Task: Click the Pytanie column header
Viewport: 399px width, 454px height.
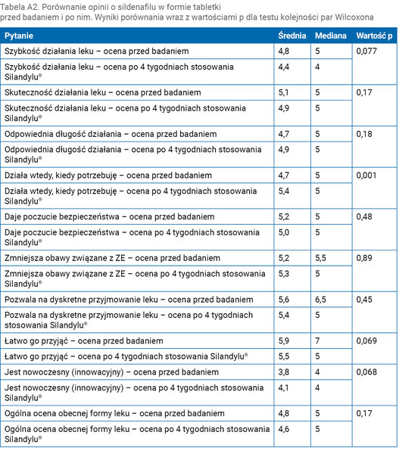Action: pyautogui.click(x=19, y=36)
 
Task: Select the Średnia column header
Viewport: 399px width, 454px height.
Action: pyautogui.click(x=292, y=36)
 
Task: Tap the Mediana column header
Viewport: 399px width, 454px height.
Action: pyautogui.click(x=331, y=36)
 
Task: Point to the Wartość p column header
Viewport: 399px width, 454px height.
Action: pyautogui.click(x=374, y=36)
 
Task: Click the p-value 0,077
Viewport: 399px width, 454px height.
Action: pyautogui.click(x=366, y=51)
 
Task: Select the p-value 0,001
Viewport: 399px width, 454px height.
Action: pyautogui.click(x=366, y=176)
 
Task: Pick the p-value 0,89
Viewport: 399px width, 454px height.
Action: pyautogui.click(x=364, y=258)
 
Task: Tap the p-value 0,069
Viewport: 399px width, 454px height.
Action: pyautogui.click(x=366, y=340)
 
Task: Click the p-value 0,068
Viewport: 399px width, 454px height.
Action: pyautogui.click(x=366, y=372)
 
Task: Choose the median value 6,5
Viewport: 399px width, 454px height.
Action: pyautogui.click(x=320, y=300)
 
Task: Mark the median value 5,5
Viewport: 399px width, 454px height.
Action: pyautogui.click(x=320, y=258)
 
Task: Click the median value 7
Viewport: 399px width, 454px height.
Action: pyautogui.click(x=317, y=340)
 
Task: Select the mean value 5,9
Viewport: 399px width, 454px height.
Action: pyautogui.click(x=284, y=340)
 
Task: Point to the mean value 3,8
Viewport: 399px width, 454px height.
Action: pyautogui.click(x=284, y=372)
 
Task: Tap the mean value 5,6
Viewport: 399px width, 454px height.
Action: pyautogui.click(x=284, y=300)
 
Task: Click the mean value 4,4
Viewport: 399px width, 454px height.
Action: pyautogui.click(x=284, y=67)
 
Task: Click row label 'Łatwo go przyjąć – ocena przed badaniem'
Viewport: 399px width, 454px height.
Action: pyautogui.click(x=84, y=341)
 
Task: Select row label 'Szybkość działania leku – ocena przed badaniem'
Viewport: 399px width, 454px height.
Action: pyautogui.click(x=96, y=51)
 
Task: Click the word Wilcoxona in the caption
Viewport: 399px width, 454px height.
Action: pyautogui.click(x=354, y=17)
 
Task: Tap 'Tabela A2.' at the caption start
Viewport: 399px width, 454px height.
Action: pyautogui.click(x=20, y=7)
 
